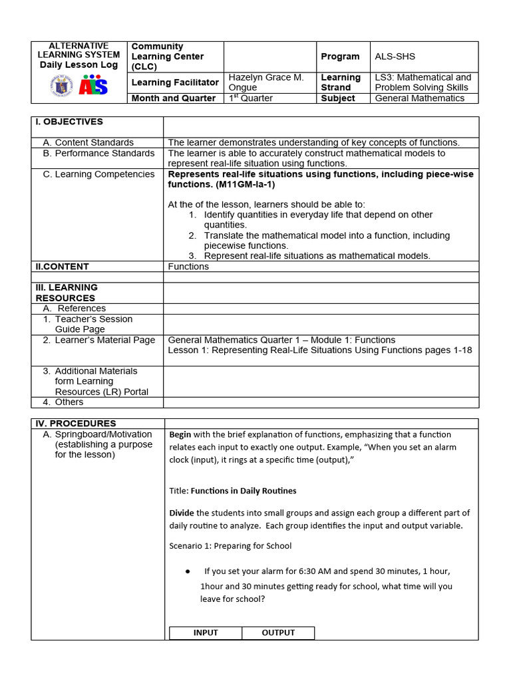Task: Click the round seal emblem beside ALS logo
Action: tap(61, 86)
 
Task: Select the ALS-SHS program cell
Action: tap(395, 57)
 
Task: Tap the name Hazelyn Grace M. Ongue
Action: tap(266, 82)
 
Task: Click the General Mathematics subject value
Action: tap(419, 98)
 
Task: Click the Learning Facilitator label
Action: tap(175, 82)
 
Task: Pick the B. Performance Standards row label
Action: tap(98, 153)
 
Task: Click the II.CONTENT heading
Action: tap(62, 267)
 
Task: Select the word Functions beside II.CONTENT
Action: tap(188, 267)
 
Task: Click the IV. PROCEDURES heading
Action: tap(75, 424)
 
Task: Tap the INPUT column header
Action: tap(206, 633)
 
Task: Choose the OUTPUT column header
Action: tap(278, 633)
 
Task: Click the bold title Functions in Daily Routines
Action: tap(244, 491)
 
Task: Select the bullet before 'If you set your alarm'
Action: tap(188, 571)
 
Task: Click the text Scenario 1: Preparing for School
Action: tap(230, 546)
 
